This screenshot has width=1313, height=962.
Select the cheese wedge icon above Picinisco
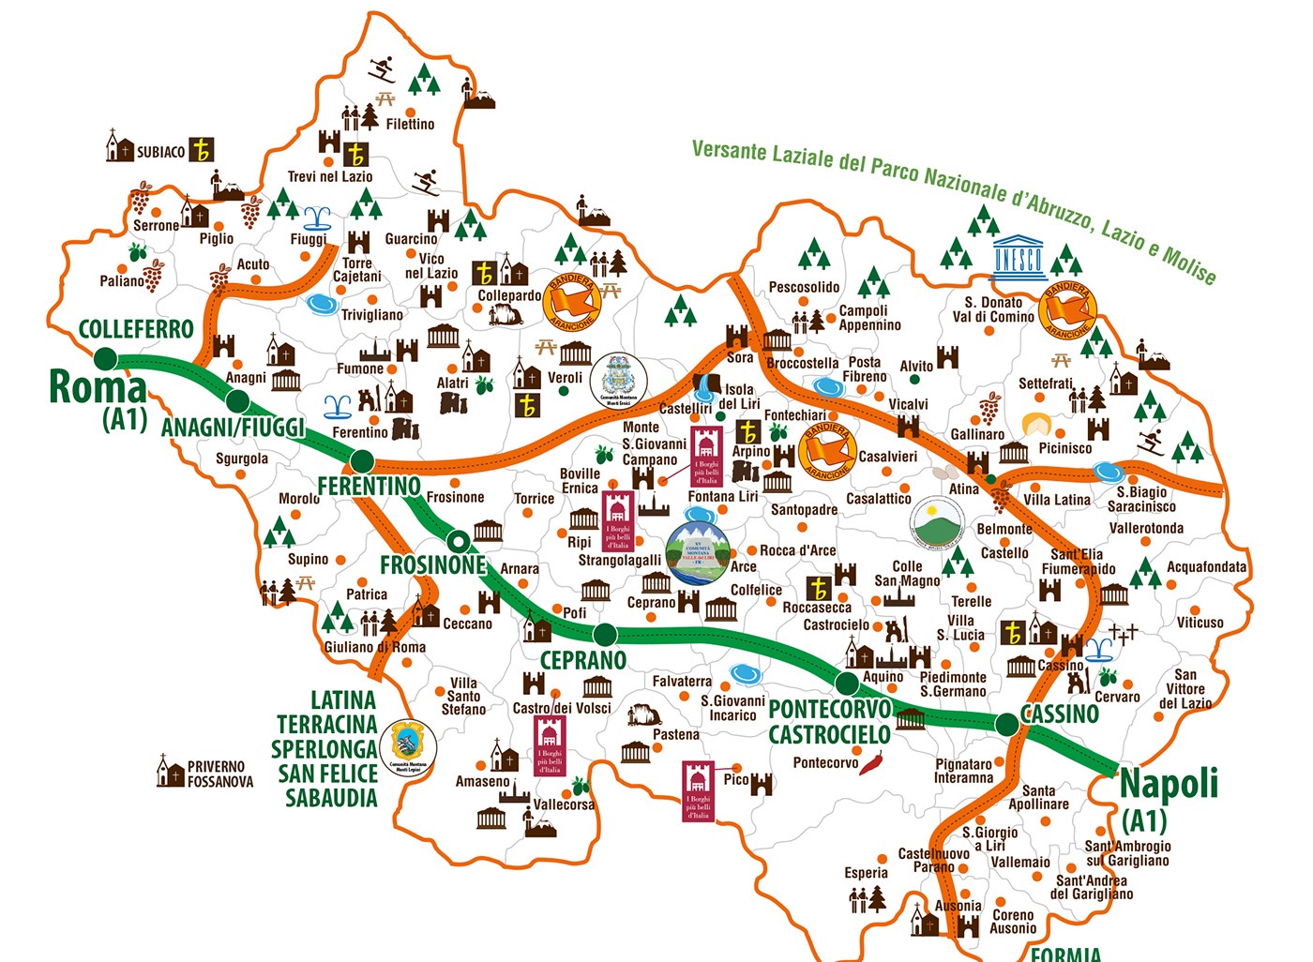(x=1036, y=425)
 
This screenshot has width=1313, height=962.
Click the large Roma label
(x=98, y=386)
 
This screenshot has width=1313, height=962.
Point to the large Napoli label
(x=1169, y=784)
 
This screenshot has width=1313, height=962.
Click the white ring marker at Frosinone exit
(x=457, y=541)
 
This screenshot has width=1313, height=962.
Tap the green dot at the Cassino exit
(x=1006, y=724)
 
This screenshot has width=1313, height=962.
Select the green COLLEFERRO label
(x=136, y=329)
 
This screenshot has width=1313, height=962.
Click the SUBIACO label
(x=160, y=152)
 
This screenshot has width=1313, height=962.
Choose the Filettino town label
(x=410, y=124)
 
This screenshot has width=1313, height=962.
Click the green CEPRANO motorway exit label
(x=582, y=660)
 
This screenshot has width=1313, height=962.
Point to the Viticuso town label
(x=1200, y=623)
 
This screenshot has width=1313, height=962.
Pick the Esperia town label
(x=866, y=873)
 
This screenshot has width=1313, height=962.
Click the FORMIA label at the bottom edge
(x=1065, y=953)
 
